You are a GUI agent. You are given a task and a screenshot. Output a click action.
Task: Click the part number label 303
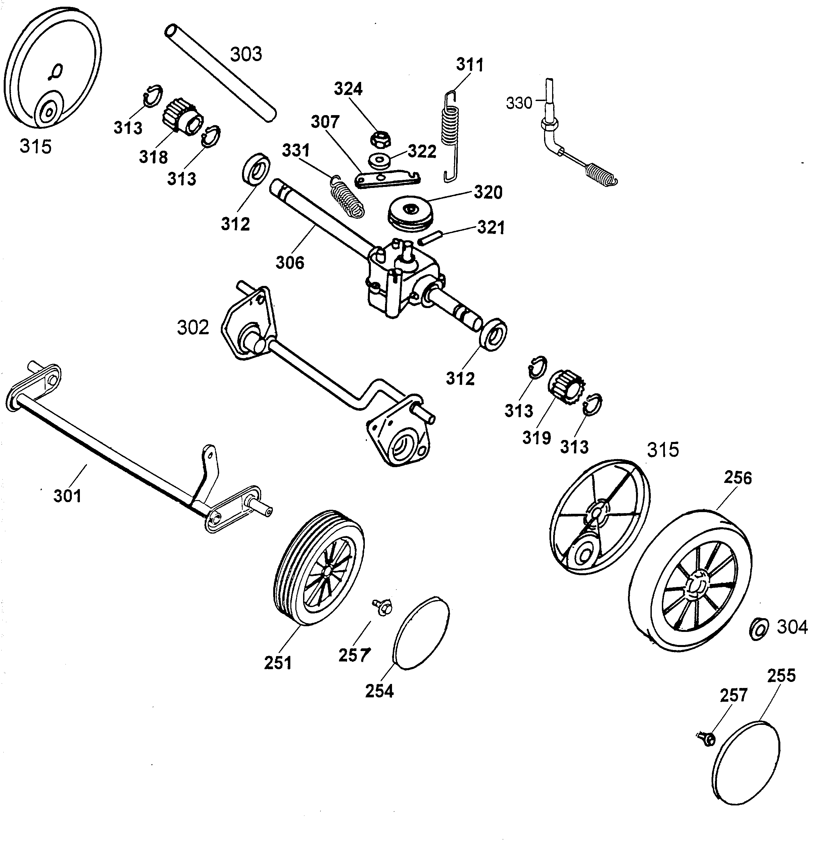[246, 54]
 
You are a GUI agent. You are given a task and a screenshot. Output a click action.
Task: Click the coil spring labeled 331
[347, 196]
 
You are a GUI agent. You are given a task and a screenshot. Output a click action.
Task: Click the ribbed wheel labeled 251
[320, 568]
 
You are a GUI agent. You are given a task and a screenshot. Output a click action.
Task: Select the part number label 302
[193, 328]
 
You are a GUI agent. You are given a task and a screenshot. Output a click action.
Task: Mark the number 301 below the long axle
[67, 496]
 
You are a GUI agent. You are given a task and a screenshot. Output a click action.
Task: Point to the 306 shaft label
[290, 262]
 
